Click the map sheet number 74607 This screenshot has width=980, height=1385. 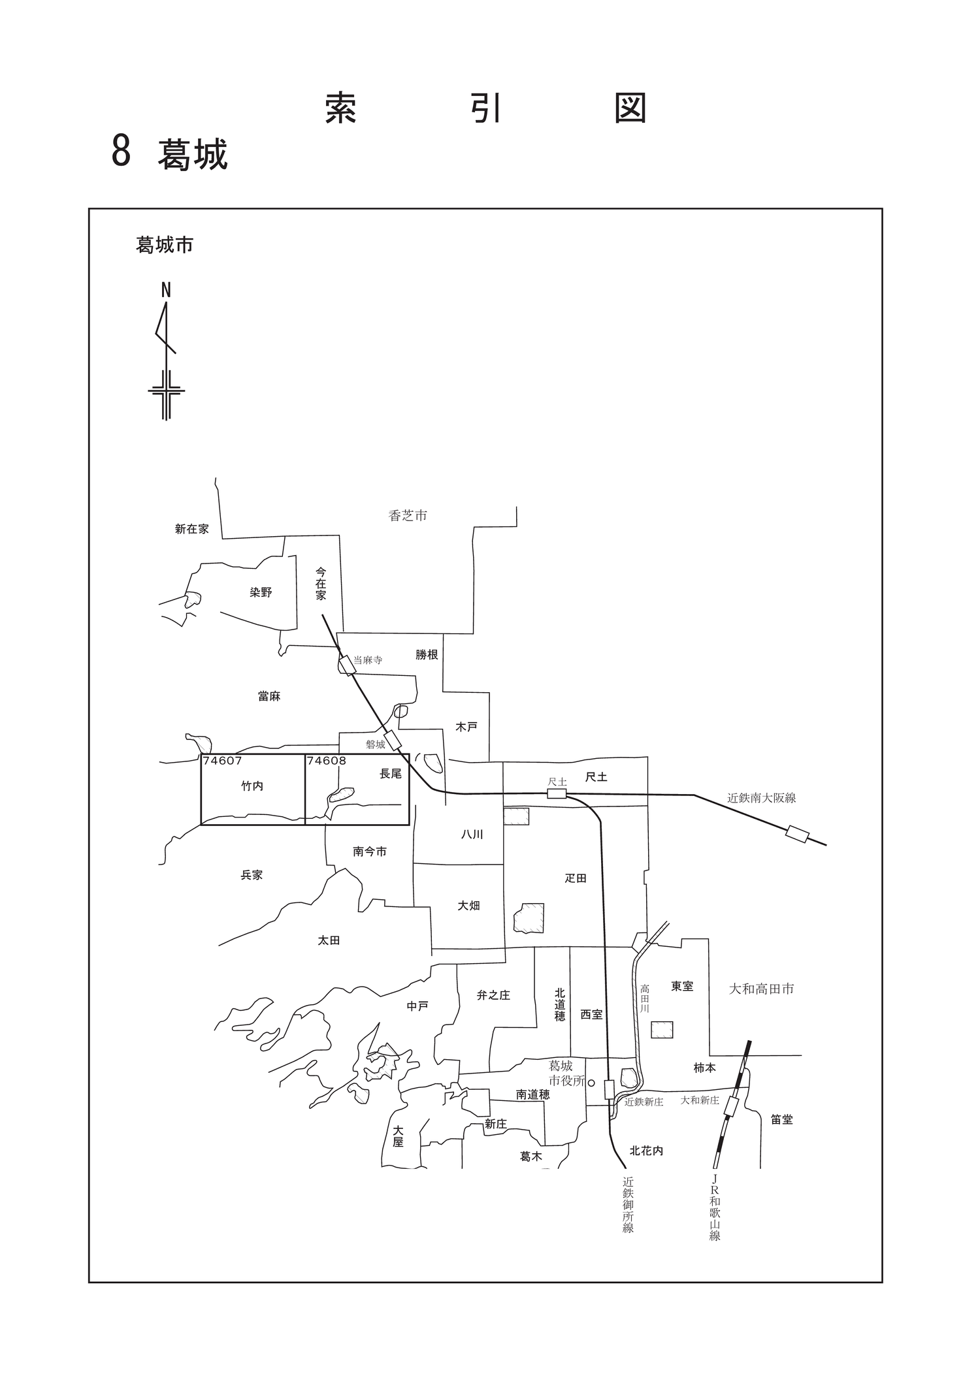tap(222, 761)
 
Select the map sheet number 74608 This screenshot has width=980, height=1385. tap(327, 761)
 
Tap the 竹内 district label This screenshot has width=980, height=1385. tap(252, 786)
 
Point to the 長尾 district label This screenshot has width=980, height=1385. tap(391, 774)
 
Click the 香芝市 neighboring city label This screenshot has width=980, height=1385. tap(408, 516)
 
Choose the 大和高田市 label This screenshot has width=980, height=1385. tap(762, 989)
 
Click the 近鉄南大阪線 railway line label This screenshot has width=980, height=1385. tap(762, 797)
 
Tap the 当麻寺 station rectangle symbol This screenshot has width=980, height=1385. tap(347, 665)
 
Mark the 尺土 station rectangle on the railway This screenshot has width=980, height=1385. tap(557, 793)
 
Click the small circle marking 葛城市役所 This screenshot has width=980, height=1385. tap(591, 1082)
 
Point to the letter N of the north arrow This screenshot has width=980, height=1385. tap(166, 291)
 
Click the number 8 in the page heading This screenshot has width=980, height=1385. tap(122, 151)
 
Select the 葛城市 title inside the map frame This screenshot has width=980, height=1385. tap(165, 245)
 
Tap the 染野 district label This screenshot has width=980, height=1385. tap(261, 592)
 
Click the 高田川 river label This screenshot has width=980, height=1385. tap(645, 998)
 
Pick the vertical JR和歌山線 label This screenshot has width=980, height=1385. tap(715, 1207)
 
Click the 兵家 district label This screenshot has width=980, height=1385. tap(252, 875)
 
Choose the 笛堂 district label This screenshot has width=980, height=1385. tap(781, 1119)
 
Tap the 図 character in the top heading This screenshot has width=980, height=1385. tap(631, 108)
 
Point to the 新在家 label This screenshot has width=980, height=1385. tap(192, 529)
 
